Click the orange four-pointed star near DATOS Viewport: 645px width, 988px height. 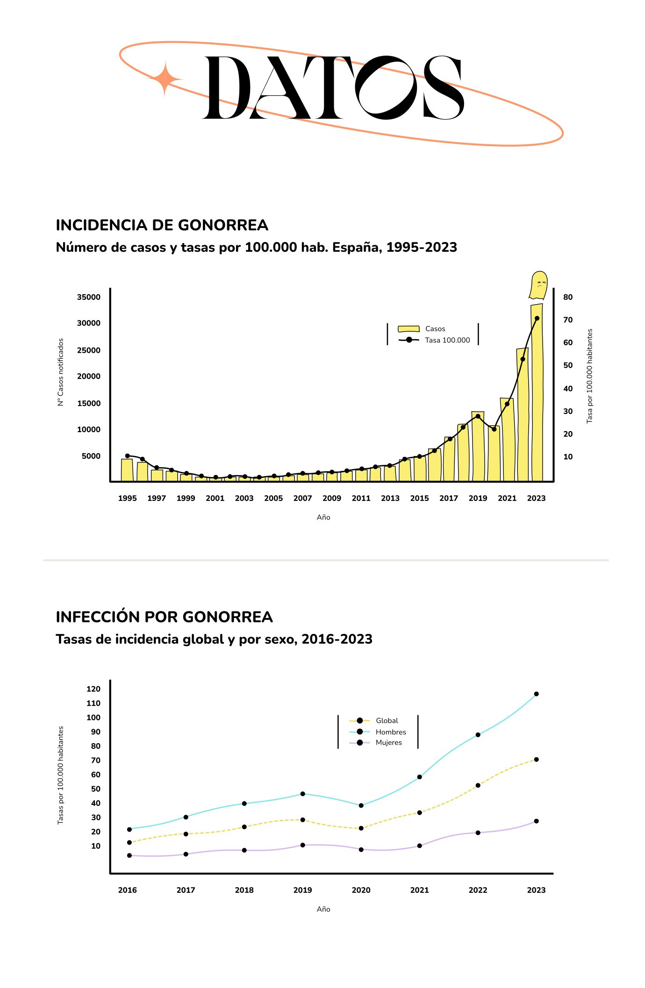[165, 79]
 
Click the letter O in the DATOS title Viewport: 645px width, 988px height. [386, 87]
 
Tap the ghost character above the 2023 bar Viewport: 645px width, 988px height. [538, 285]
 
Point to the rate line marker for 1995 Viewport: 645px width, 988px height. [128, 456]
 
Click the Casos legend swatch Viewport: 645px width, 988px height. [408, 329]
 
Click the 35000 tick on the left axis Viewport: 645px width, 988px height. [89, 297]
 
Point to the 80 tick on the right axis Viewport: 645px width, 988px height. [568, 297]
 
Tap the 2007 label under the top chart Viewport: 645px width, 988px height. [302, 498]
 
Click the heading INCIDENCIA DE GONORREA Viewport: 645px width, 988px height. [162, 225]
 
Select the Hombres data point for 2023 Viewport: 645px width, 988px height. [536, 694]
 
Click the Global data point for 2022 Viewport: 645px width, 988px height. [478, 786]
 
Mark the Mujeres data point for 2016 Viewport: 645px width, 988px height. [129, 856]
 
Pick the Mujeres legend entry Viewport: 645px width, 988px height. [388, 743]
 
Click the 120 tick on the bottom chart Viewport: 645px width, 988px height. [93, 689]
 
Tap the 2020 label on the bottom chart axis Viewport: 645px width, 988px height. [361, 890]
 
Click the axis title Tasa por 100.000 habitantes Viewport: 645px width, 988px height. [590, 376]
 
